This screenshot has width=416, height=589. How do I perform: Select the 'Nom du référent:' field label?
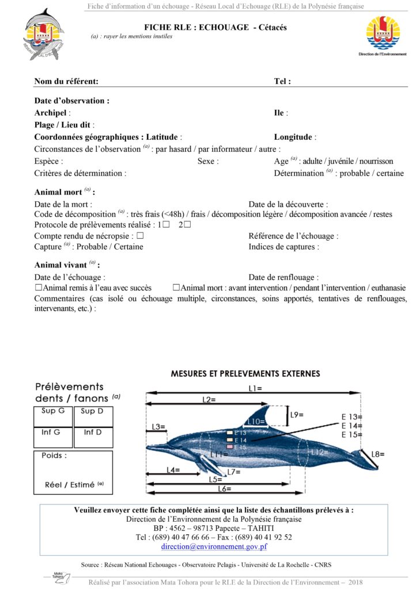pyautogui.click(x=66, y=82)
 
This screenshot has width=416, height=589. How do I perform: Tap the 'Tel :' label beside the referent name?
pyautogui.click(x=282, y=82)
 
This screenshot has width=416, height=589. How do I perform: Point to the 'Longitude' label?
pyautogui.click(x=293, y=137)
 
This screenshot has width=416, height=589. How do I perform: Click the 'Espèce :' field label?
pyautogui.click(x=48, y=162)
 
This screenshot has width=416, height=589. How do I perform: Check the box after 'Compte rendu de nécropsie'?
pyautogui.click(x=140, y=236)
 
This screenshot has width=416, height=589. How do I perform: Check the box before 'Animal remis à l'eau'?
pyautogui.click(x=39, y=288)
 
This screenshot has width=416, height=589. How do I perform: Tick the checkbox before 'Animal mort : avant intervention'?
pyautogui.click(x=176, y=288)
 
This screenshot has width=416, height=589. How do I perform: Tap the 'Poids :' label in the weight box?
pyautogui.click(x=54, y=456)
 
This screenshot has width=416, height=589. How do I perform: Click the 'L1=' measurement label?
pyautogui.click(x=255, y=389)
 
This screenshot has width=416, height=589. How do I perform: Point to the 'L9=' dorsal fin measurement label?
pyautogui.click(x=297, y=414)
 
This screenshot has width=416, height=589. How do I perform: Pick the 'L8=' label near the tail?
pyautogui.click(x=377, y=454)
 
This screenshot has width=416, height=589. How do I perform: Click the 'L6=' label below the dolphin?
pyautogui.click(x=224, y=489)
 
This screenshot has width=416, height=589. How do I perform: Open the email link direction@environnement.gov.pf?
pyautogui.click(x=214, y=546)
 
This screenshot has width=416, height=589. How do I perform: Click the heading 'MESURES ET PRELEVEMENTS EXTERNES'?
pyautogui.click(x=245, y=374)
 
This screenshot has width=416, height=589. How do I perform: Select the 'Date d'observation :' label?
pyautogui.click(x=71, y=101)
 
